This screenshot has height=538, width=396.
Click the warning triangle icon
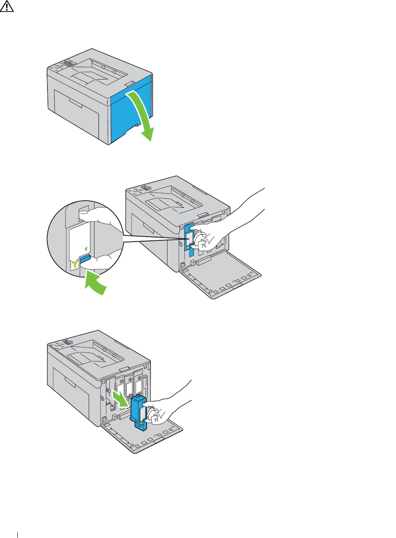tap(7, 7)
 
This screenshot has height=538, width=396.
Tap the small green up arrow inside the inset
tap(85, 249)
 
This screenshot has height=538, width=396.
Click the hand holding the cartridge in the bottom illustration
tap(161, 412)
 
